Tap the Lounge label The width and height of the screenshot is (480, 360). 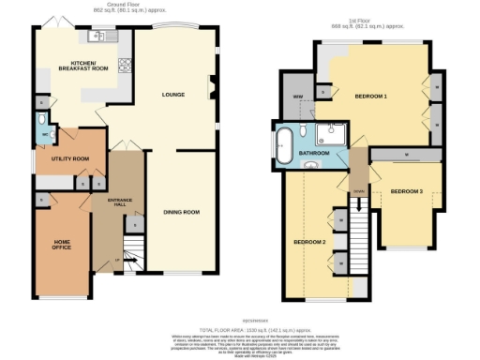(172, 95)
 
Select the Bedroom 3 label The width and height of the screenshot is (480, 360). (406, 192)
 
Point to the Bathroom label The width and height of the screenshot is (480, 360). (312, 152)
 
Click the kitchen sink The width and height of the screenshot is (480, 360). (97, 37)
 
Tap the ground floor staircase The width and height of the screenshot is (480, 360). (131, 251)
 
